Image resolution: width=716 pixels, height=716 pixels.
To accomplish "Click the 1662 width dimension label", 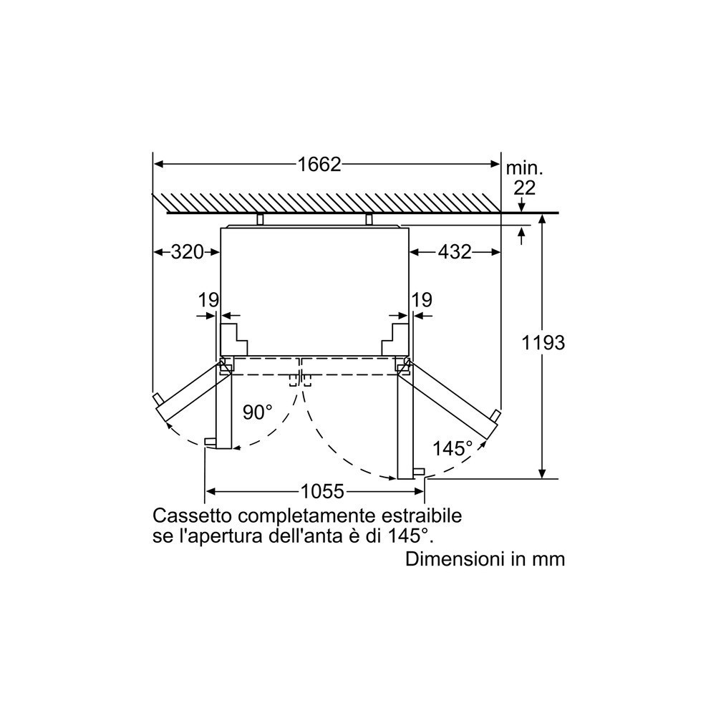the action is (x=319, y=165).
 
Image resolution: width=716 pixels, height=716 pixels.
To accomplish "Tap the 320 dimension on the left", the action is (x=187, y=251).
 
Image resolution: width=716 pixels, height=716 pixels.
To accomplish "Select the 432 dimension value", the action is (x=455, y=251).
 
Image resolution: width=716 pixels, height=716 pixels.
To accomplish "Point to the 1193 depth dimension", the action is (x=543, y=342).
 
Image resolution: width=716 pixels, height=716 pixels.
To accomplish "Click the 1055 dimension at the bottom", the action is (x=322, y=491).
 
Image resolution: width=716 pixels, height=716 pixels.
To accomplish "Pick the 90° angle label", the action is (x=258, y=412).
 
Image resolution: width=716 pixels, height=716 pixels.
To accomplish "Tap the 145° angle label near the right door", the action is (x=452, y=448).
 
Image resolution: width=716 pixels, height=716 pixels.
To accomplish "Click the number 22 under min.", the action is (x=524, y=188).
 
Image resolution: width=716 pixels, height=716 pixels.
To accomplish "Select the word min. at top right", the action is (x=525, y=168).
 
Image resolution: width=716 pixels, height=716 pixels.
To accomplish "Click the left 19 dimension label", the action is (x=208, y=300).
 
